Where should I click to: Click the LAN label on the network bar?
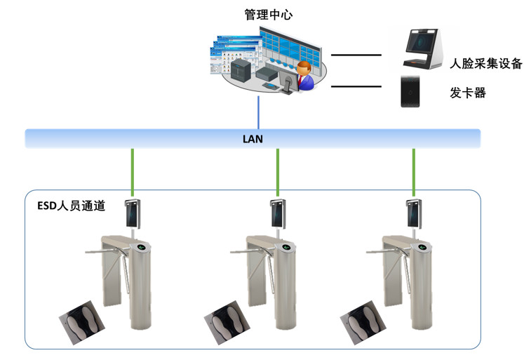(253, 138)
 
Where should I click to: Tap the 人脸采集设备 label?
(485, 64)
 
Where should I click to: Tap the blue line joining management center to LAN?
(259, 112)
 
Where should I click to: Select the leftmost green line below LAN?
(132, 172)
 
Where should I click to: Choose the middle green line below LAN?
(278, 172)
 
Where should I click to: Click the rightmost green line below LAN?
(414, 172)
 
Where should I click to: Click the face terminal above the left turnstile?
(132, 213)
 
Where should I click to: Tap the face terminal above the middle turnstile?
(278, 213)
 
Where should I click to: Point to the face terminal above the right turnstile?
(414, 213)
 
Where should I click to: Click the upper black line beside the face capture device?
(356, 54)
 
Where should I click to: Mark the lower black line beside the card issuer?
(356, 86)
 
